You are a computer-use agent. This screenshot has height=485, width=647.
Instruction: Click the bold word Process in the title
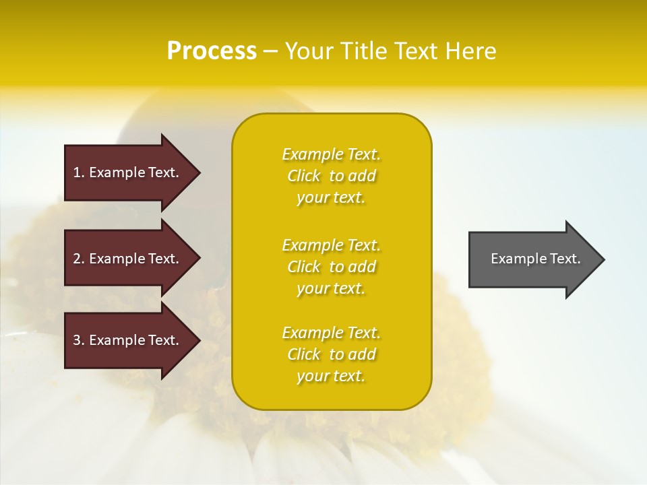pos(212,51)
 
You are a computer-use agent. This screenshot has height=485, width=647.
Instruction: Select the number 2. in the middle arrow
pos(79,259)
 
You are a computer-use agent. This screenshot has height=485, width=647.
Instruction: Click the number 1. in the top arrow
pos(79,172)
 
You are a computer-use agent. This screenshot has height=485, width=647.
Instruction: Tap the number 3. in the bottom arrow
pos(79,340)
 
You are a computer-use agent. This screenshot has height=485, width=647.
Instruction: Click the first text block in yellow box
pos(331,176)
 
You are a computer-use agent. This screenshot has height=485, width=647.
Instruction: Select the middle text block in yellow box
pos(331,267)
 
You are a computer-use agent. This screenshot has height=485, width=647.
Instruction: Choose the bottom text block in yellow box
pos(331,354)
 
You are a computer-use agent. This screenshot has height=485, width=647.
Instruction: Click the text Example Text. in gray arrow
pos(535,259)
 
